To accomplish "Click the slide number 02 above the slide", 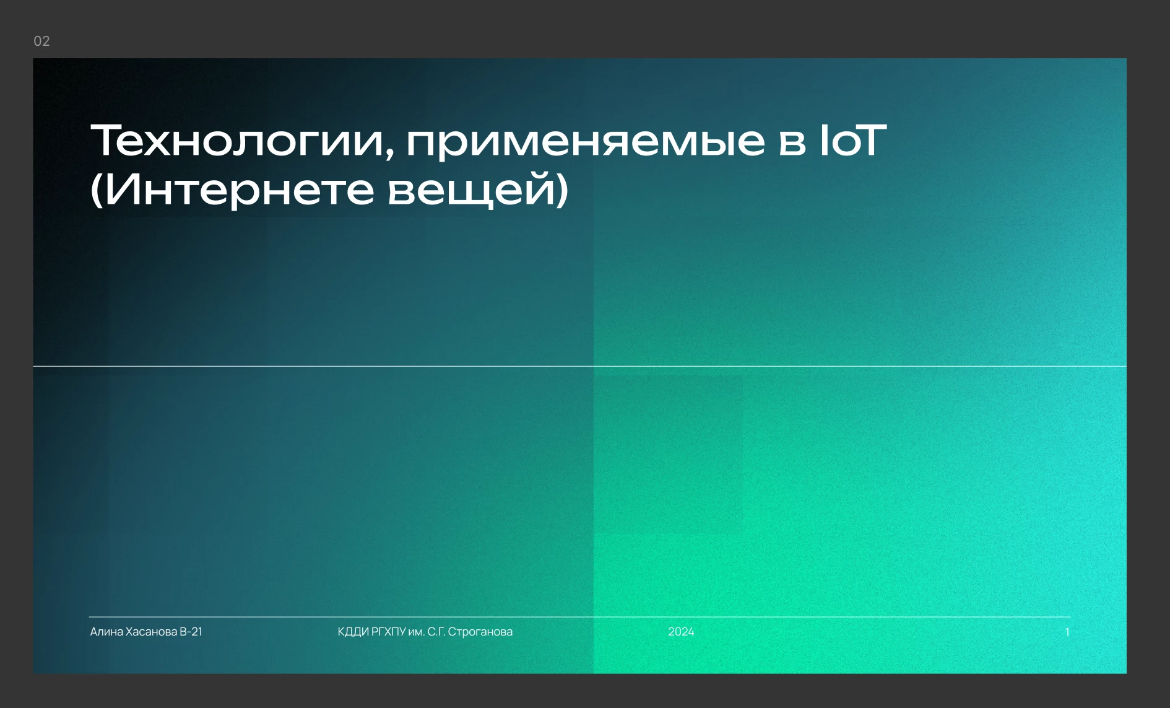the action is point(41,41).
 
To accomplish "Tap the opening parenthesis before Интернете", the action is point(96,190).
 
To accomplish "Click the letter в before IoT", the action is point(792,142).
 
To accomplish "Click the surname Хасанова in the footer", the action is point(152,632).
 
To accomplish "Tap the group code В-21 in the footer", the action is point(191,632).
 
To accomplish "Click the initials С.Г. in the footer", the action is point(436,632).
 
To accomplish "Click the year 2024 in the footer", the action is point(681,632).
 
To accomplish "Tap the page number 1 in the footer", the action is point(1067,632).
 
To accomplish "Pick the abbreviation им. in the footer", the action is point(417,632).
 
